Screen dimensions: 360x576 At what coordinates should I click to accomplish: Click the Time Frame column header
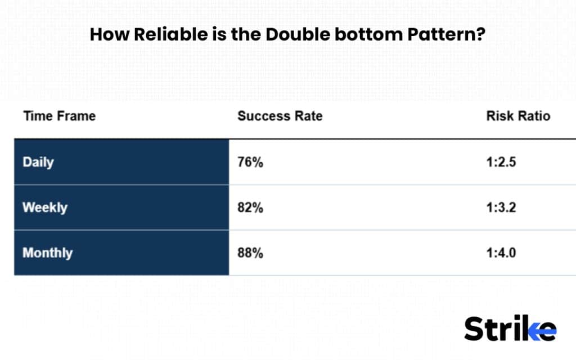coord(59,116)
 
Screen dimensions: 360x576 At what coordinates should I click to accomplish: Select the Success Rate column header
coord(280,116)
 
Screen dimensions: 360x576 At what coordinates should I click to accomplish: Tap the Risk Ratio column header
coord(518,116)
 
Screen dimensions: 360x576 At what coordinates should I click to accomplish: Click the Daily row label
coord(38,163)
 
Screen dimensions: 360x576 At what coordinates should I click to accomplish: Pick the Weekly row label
coord(44,208)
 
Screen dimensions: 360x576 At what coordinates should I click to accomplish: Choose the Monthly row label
coord(47,253)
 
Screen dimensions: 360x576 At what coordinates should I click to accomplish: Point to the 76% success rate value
coord(250,163)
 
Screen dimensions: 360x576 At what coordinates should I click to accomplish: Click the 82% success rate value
coord(250,208)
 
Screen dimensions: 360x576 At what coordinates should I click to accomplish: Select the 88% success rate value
coord(250,253)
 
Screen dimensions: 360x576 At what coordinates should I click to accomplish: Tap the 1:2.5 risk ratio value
coord(501,163)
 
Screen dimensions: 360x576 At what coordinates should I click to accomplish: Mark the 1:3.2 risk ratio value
coord(501,208)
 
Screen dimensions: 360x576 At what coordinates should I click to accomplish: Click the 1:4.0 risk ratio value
coord(501,253)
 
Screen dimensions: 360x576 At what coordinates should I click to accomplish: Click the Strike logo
coord(510,328)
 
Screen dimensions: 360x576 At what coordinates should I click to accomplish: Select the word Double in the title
coord(298,35)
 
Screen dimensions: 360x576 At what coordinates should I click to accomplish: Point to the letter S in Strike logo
coord(474,329)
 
